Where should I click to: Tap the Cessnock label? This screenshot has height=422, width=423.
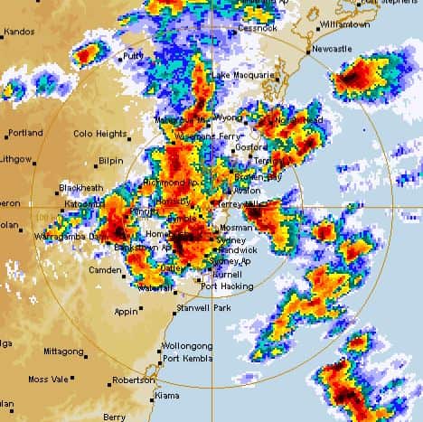[x=258, y=28]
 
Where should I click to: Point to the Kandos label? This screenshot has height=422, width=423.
[x=19, y=32]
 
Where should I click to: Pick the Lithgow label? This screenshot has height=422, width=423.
[x=15, y=158]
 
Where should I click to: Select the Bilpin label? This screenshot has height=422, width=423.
[x=110, y=160]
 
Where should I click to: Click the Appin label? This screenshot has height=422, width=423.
[x=126, y=311]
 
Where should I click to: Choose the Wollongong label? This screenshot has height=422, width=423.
[x=187, y=346]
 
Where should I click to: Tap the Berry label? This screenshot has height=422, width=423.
[x=114, y=417]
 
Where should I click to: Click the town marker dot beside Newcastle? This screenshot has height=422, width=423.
[x=309, y=50]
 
